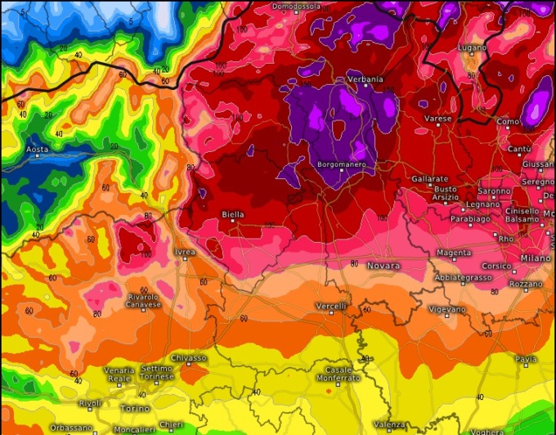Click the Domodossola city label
(x=298, y=7)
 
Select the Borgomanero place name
(x=341, y=165)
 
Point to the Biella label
(x=232, y=214)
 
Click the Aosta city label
(x=37, y=150)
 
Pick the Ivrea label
(x=185, y=253)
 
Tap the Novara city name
(x=384, y=266)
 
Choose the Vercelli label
(x=332, y=306)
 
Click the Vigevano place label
(x=447, y=309)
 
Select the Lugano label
(x=473, y=48)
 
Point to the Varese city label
(x=438, y=119)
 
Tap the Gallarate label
(x=429, y=178)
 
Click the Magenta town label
(x=454, y=253)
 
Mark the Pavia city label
(x=526, y=359)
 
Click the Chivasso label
(x=189, y=358)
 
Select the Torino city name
(x=136, y=408)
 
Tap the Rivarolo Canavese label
(x=143, y=301)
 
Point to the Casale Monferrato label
(x=339, y=374)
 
